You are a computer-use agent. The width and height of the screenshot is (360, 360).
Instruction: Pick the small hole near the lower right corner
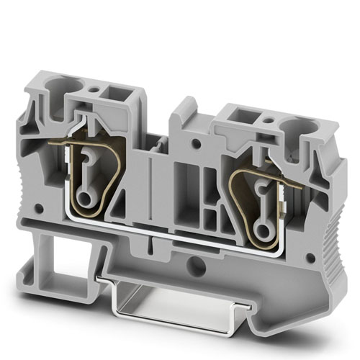click(310, 257)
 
